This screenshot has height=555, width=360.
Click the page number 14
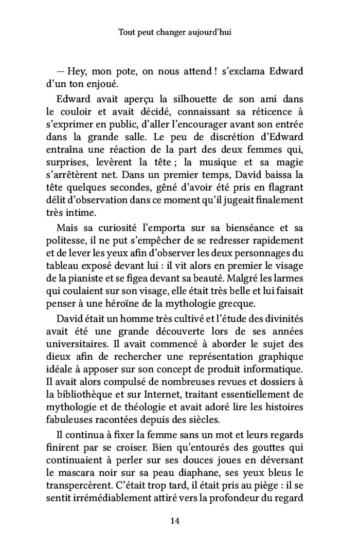[174, 521]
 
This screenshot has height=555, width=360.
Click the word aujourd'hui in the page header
[210, 32]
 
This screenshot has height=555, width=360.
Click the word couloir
[78, 118]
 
